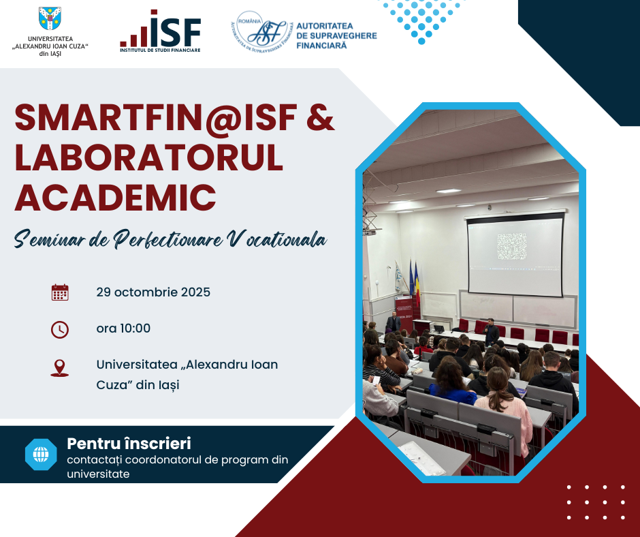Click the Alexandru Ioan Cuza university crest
pos(50,18)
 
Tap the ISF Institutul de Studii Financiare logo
pos(161,31)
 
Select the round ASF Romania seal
pos(262,32)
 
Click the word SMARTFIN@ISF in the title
pos(155,118)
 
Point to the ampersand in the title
pos(321,118)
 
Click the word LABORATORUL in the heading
pos(149,157)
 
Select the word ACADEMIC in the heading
pos(116,197)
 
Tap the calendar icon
pos(60,292)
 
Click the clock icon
pos(60,329)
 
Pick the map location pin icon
pos(60,368)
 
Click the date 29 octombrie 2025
pos(153,292)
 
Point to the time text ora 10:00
pos(123,328)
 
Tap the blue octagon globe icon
pos(41,455)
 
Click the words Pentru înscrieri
pos(129,444)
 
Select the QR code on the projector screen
pos(512,247)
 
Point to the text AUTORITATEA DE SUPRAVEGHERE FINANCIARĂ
pos(336,35)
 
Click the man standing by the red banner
pos(393,322)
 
